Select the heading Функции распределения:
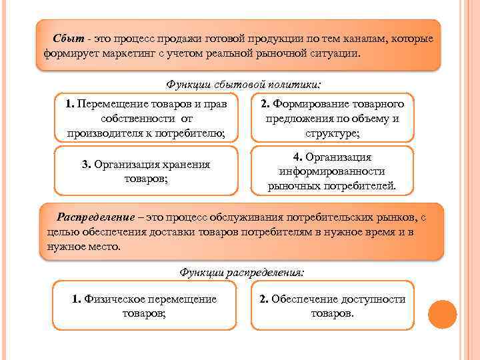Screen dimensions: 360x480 pos(242,272)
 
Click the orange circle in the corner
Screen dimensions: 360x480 pos(442,314)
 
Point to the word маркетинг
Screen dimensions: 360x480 pos(129,53)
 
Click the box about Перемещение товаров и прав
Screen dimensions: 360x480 pos(146,119)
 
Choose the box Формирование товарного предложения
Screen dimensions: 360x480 pos(332,119)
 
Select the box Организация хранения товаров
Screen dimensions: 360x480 pos(146,172)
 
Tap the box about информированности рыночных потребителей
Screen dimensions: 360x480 pos(332,171)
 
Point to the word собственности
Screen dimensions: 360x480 pos(138,119)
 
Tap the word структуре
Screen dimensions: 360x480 pos(331,133)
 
